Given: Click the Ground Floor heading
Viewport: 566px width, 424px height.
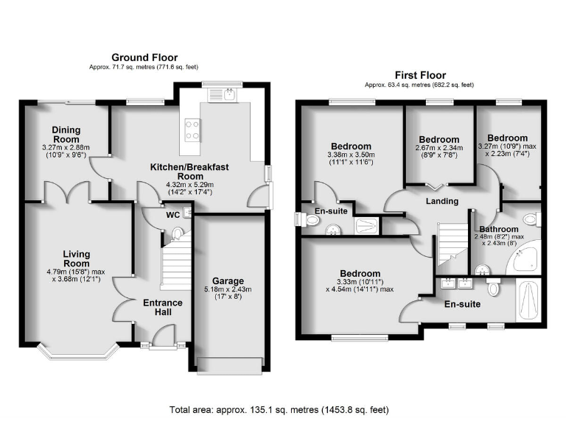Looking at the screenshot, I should [x=144, y=57].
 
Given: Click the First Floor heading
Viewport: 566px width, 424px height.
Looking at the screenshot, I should [x=420, y=75].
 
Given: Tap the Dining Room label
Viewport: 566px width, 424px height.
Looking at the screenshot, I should [x=66, y=135].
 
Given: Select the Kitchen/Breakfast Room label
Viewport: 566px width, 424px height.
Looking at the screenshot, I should [x=189, y=172].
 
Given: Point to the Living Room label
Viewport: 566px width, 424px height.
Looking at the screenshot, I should [x=76, y=258].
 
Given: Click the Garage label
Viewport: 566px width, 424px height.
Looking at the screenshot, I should [x=228, y=280].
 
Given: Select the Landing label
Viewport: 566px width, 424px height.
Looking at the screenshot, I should [x=442, y=201].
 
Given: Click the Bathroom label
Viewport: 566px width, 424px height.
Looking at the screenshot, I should [x=499, y=229].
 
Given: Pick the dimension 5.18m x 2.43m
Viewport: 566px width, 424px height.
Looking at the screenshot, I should [x=228, y=289].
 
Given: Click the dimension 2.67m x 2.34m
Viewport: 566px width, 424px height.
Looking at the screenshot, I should [x=439, y=148].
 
